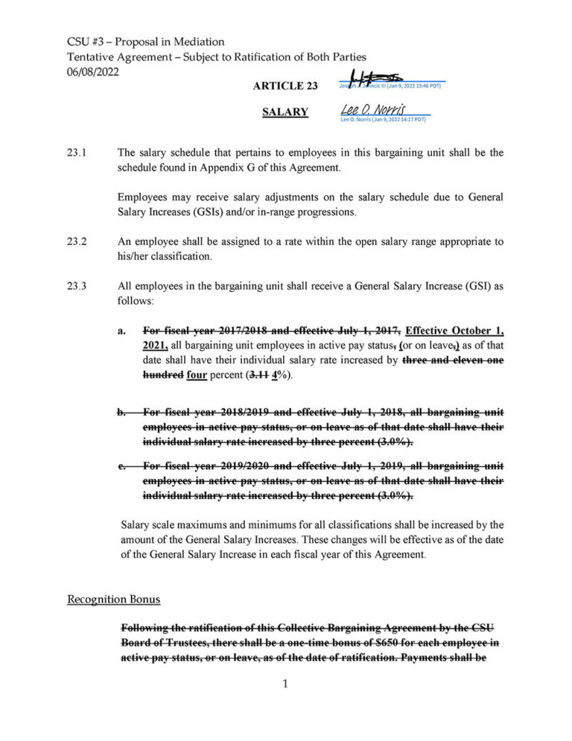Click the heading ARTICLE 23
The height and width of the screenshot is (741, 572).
click(x=285, y=86)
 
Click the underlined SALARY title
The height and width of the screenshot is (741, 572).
click(x=285, y=112)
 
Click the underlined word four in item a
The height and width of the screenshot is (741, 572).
click(x=197, y=375)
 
